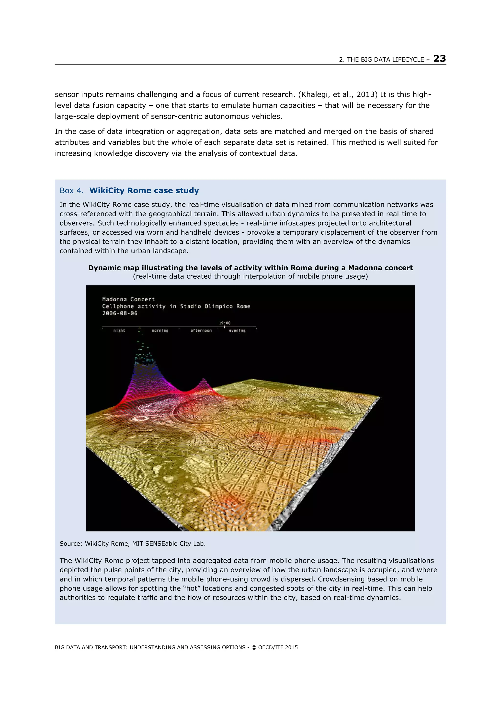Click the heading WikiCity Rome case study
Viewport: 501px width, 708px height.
[144, 190]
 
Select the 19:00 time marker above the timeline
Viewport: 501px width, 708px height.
[224, 323]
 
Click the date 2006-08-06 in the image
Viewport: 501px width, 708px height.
[120, 313]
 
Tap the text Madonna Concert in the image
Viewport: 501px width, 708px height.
[128, 299]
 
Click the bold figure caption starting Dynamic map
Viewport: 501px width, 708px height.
[250, 268]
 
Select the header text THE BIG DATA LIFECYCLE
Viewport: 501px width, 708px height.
[385, 60]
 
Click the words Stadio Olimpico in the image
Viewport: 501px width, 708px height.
[206, 306]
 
